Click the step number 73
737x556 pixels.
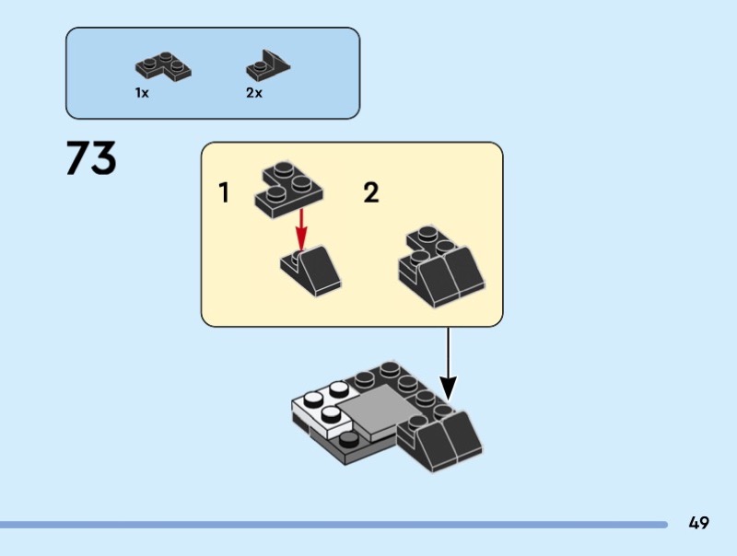[91, 158]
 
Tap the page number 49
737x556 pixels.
[698, 523]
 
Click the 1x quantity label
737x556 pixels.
[142, 94]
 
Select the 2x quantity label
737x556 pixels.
[254, 94]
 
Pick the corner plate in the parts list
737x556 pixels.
[163, 67]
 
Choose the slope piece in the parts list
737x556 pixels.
[267, 66]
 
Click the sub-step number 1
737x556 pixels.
[224, 193]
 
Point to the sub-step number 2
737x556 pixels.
[370, 193]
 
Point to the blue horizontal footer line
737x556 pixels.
[332, 525]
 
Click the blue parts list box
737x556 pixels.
[212, 73]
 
